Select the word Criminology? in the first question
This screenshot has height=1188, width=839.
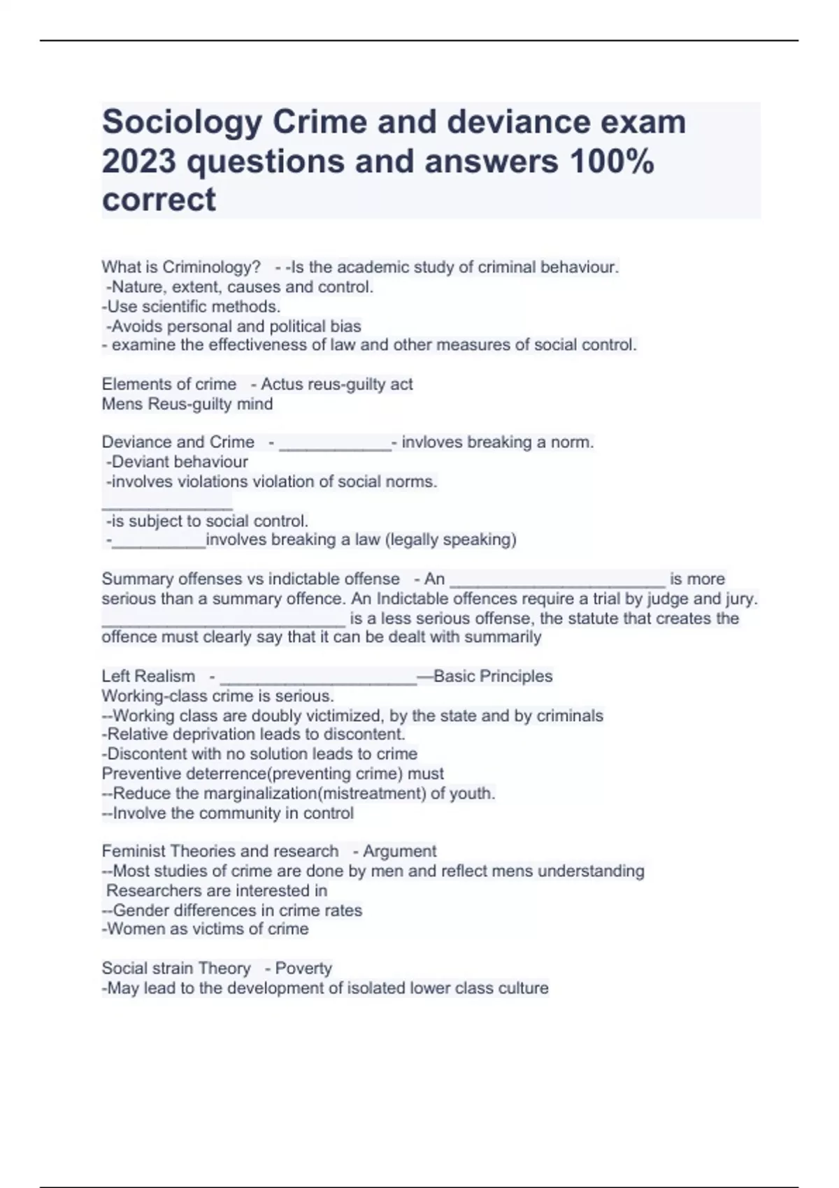(x=211, y=267)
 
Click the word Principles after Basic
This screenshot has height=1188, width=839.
(x=518, y=676)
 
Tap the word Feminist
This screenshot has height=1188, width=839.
(x=134, y=851)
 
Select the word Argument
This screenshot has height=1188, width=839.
(x=399, y=851)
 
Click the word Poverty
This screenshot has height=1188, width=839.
(x=303, y=969)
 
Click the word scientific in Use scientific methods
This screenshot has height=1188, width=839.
(x=175, y=307)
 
